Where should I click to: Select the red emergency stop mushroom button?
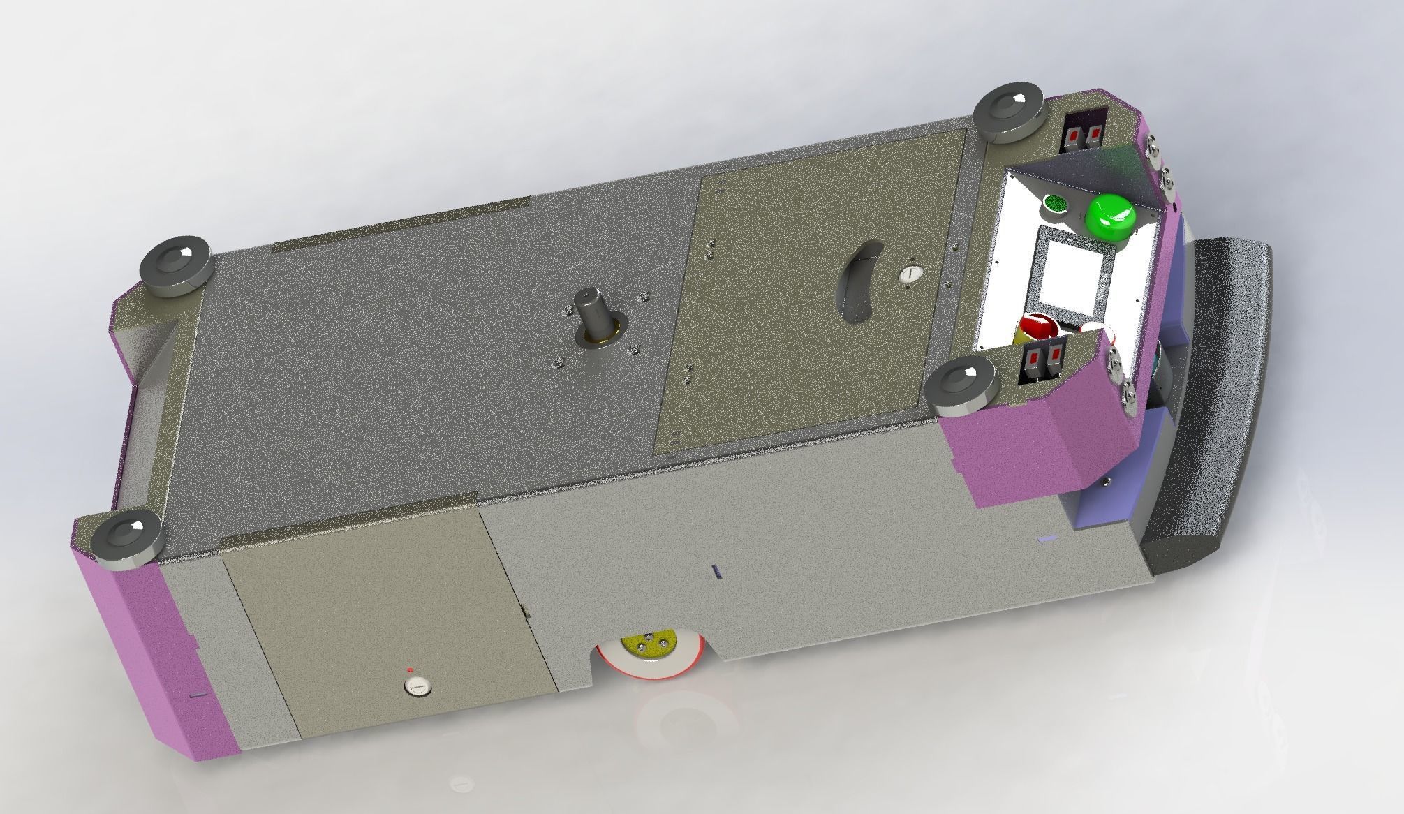pyautogui.click(x=1036, y=329)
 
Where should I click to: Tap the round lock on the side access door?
pyautogui.click(x=417, y=688)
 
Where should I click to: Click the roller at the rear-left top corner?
pyautogui.click(x=175, y=267)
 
